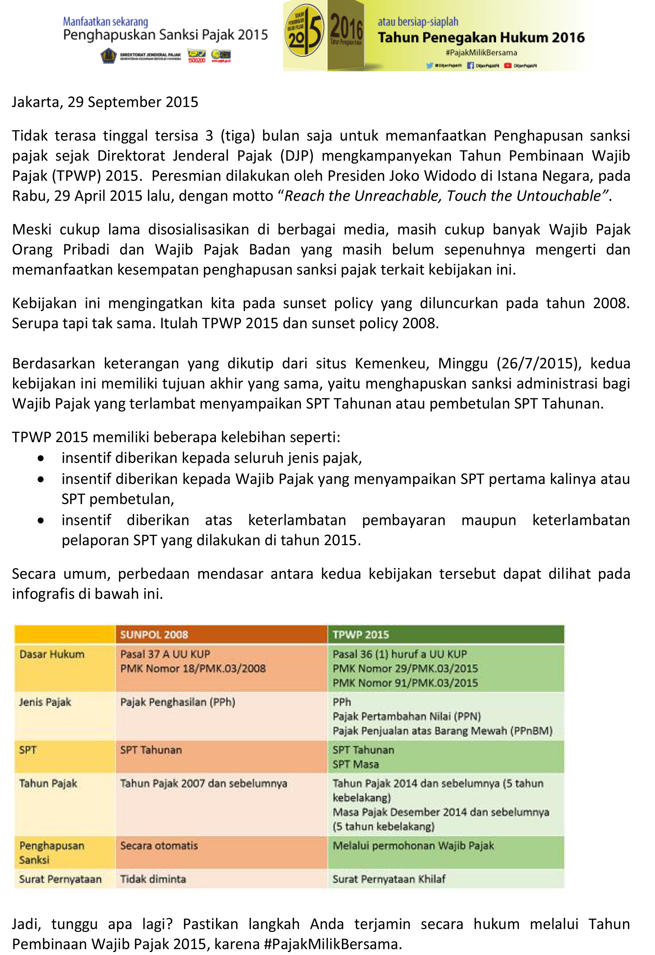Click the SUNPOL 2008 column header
[154, 634]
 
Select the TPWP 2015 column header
[361, 634]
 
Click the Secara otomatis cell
[159, 846]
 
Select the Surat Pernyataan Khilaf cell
[389, 879]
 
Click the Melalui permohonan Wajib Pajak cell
[413, 846]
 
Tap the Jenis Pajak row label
[45, 702]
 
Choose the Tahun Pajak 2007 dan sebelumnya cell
[204, 783]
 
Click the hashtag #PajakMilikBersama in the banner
[481, 53]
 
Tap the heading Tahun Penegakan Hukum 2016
[481, 38]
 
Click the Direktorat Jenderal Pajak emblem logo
[109, 56]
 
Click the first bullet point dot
[41, 458]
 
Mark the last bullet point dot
[41, 521]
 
